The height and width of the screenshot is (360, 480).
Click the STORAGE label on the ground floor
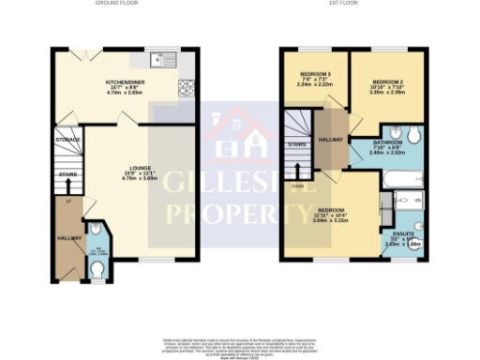(67, 140)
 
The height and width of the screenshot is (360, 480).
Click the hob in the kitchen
(186, 89)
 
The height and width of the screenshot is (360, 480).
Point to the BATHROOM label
(386, 142)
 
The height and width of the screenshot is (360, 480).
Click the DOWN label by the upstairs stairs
(297, 185)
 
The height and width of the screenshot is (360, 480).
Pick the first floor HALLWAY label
(330, 139)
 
